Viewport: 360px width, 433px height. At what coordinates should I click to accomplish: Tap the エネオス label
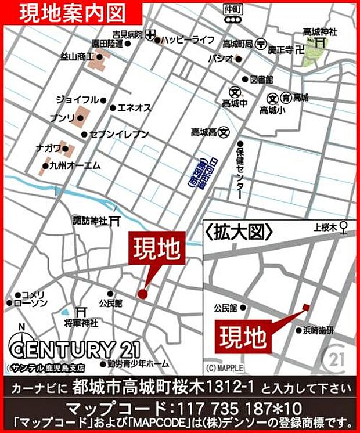[134, 107]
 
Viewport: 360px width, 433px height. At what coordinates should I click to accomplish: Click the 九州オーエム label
[75, 166]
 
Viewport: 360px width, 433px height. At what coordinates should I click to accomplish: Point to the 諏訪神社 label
[90, 221]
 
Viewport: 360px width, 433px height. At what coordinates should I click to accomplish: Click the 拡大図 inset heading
[239, 232]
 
